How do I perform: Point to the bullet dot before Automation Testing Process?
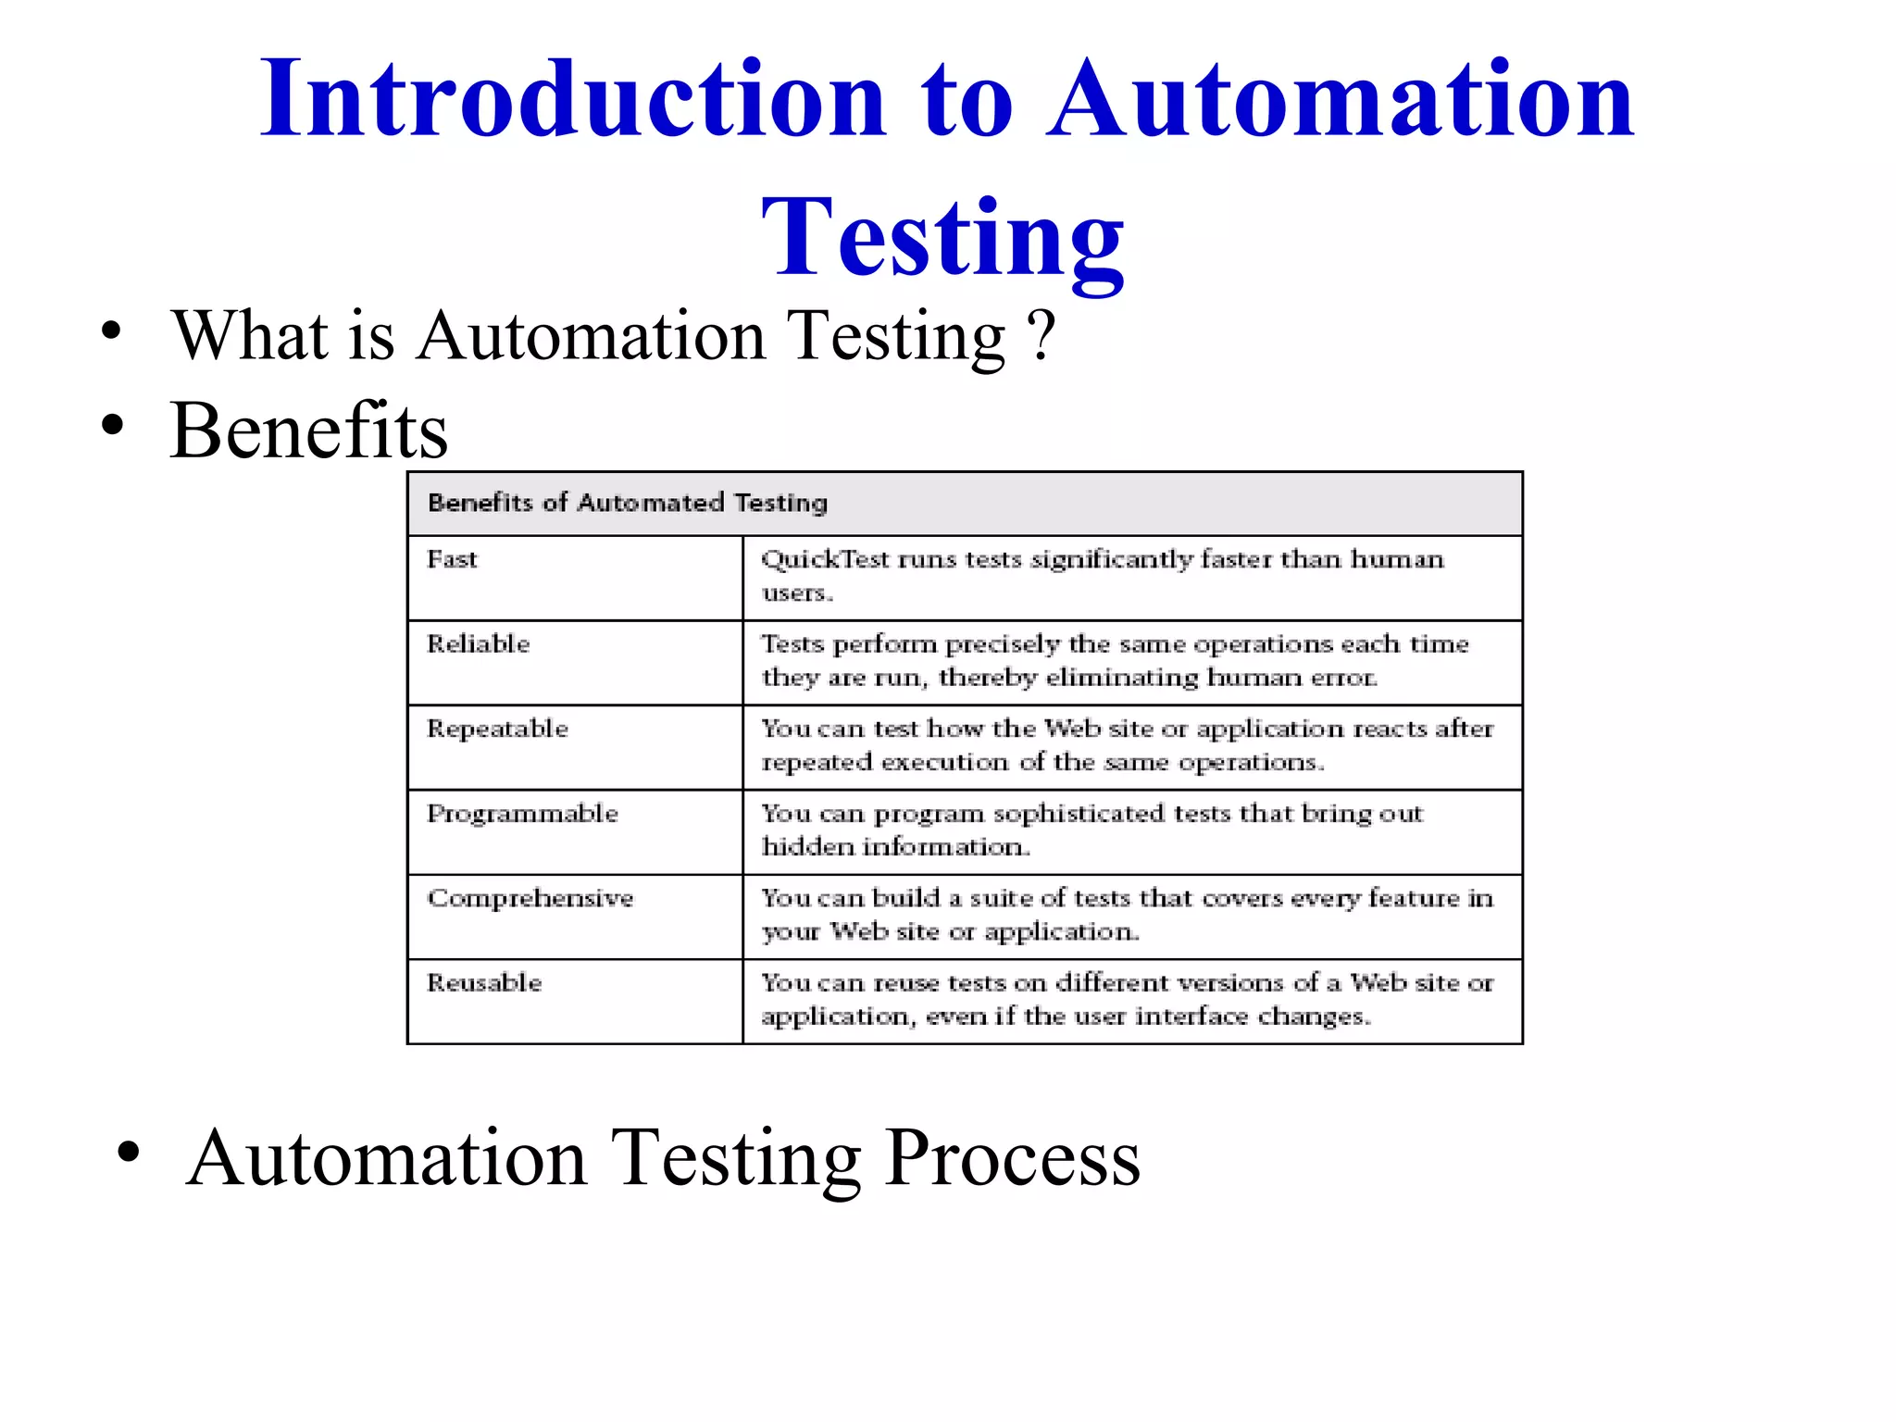pos(129,1153)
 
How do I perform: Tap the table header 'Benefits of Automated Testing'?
pos(628,503)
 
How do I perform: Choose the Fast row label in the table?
pos(452,559)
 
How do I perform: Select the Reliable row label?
pos(478,644)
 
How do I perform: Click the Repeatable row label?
pos(497,729)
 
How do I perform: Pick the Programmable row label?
pos(522,814)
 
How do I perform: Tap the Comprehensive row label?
pos(530,898)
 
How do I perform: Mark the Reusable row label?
pos(484,982)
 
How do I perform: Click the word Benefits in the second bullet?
pos(309,430)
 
